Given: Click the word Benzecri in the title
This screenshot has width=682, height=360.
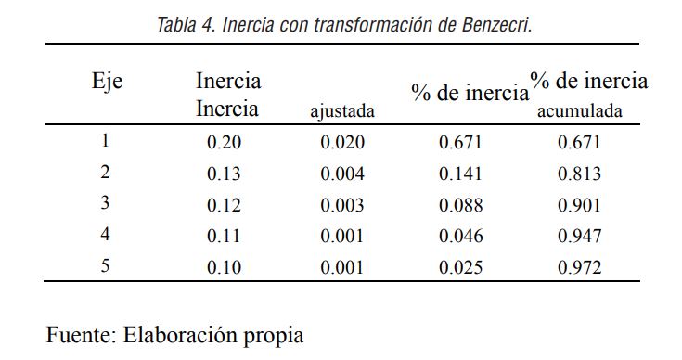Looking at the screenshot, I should [x=495, y=25].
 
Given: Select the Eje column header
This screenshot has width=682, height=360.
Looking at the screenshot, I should [x=108, y=81].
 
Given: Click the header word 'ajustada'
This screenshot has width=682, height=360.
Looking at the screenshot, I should [x=342, y=112].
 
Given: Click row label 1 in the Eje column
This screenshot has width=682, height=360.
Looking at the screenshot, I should [x=105, y=141].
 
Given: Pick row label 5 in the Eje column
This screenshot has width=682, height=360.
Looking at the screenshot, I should [x=105, y=267].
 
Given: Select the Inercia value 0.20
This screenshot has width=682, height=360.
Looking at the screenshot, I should [x=224, y=142].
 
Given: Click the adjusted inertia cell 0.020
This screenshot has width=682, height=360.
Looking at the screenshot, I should [x=342, y=142].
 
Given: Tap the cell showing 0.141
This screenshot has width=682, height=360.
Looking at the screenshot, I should [x=460, y=174].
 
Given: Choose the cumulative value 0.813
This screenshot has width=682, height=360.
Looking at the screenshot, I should [x=579, y=174].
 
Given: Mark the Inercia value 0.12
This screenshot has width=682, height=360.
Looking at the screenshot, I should [x=224, y=205].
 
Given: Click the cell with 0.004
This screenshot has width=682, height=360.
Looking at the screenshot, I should [x=342, y=174].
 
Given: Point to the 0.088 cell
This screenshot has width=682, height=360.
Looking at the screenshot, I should [x=460, y=205].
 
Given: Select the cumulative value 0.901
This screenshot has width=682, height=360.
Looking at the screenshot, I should [x=579, y=205].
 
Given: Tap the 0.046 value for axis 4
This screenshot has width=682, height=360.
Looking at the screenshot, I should [x=460, y=237].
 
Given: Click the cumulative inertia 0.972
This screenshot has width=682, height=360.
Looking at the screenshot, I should [x=579, y=268].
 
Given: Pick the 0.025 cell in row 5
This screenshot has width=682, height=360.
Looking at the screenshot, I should [x=460, y=268].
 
